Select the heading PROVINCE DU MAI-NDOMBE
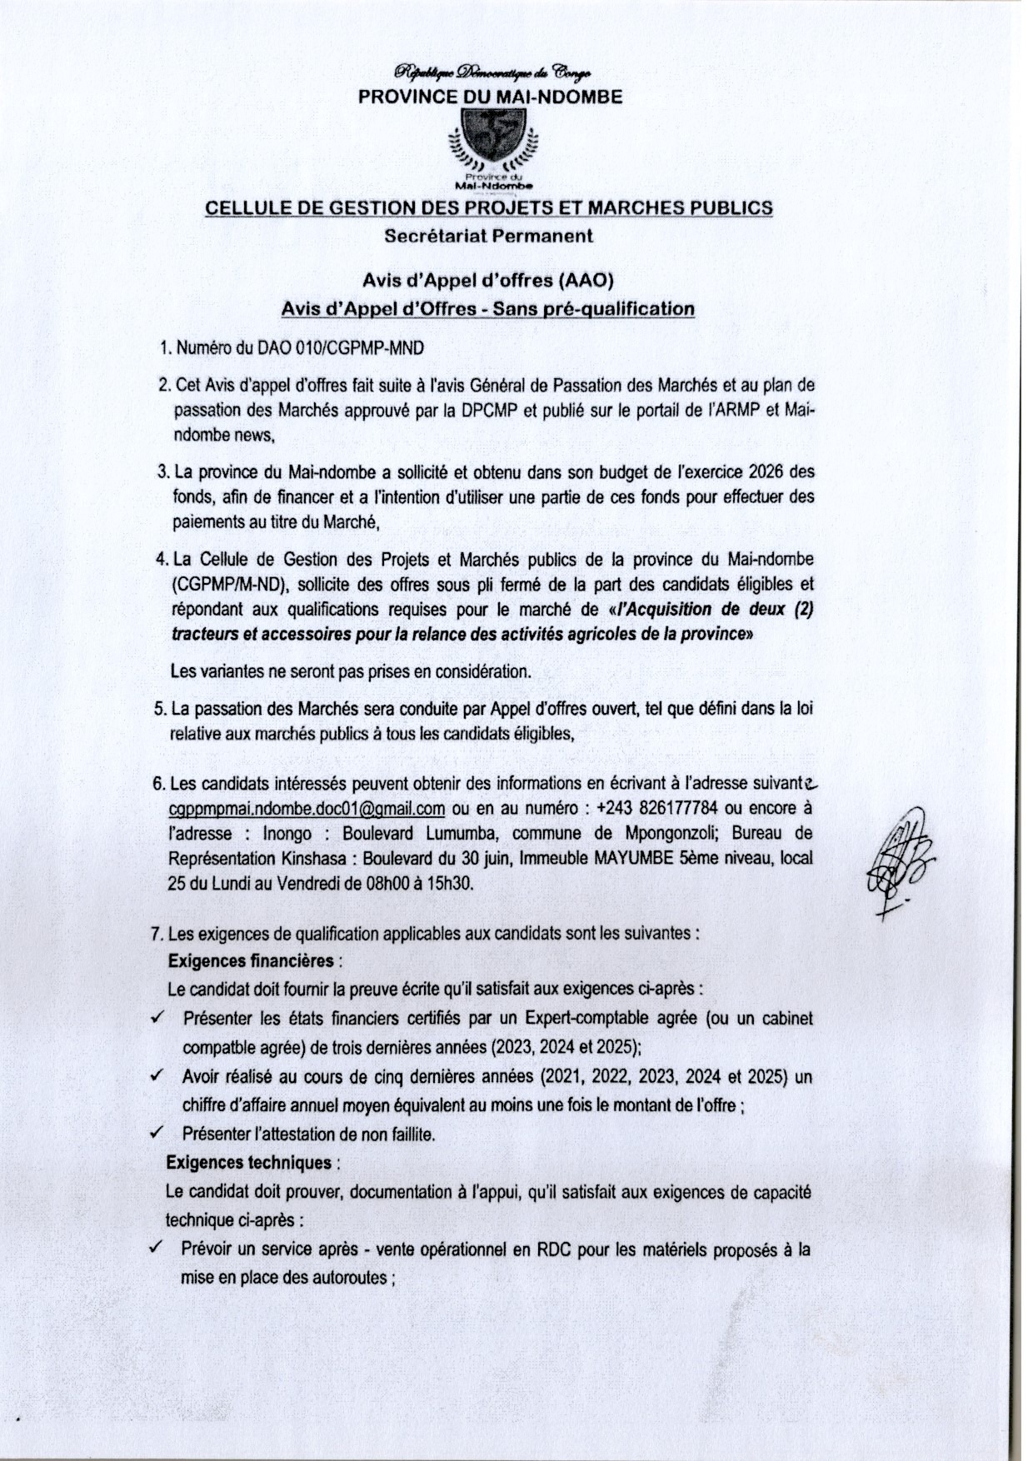pyautogui.click(x=490, y=97)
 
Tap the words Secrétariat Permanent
pyautogui.click(x=489, y=236)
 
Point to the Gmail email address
pyautogui.click(x=306, y=808)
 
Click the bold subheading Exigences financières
pyautogui.click(x=250, y=960)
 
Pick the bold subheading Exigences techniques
pyautogui.click(x=249, y=1162)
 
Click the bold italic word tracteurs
pyautogui.click(x=202, y=634)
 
